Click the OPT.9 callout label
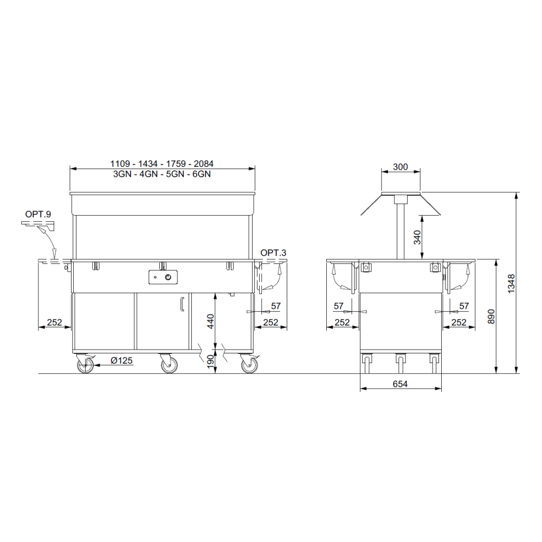click(x=38, y=214)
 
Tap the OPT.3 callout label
click(x=273, y=253)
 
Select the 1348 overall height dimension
click(x=512, y=284)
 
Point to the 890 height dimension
click(x=491, y=317)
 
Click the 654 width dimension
click(x=401, y=384)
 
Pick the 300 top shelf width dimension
click(x=401, y=167)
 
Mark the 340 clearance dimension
click(x=417, y=237)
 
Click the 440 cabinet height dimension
click(x=210, y=321)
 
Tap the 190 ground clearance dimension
click(x=210, y=362)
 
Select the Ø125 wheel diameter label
click(x=121, y=361)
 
